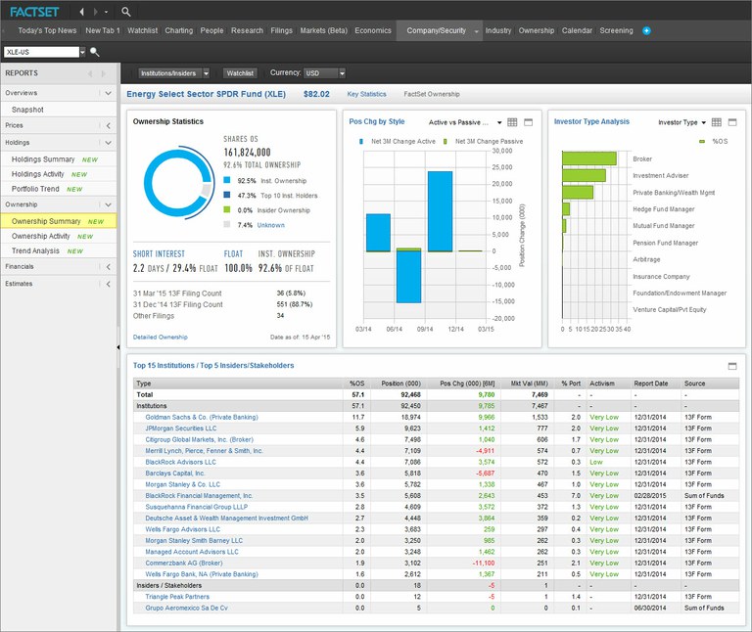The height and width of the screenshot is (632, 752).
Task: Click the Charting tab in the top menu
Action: (x=179, y=30)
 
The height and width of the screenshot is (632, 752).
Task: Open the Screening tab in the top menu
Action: (x=616, y=30)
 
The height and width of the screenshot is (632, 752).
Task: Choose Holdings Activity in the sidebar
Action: (x=38, y=174)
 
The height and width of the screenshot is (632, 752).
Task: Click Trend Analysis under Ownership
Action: (x=35, y=250)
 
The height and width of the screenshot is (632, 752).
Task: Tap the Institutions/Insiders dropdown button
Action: (x=173, y=73)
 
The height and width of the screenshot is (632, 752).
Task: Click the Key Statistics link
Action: (x=366, y=94)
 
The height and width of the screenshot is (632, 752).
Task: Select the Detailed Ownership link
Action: (x=160, y=337)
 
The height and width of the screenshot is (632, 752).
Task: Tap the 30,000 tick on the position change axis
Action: (x=502, y=151)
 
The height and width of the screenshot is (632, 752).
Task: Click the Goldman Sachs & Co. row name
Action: (x=194, y=417)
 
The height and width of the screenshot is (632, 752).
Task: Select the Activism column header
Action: (x=602, y=384)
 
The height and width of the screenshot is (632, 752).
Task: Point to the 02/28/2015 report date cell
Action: (x=650, y=496)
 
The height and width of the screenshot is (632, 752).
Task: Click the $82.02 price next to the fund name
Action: (x=316, y=94)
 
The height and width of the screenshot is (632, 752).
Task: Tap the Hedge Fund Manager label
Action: (x=664, y=209)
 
